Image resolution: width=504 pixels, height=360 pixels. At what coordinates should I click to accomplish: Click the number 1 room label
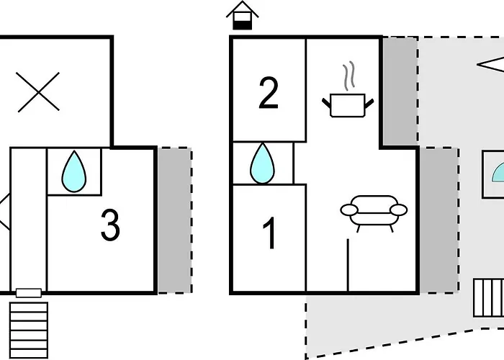point(269,234)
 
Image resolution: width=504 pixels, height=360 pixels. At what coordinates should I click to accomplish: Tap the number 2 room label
point(268,94)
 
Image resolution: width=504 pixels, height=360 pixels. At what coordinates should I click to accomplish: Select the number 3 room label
point(109,226)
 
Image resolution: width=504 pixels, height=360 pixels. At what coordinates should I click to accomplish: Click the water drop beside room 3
point(73,171)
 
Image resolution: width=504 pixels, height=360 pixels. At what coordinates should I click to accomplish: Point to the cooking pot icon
point(350,105)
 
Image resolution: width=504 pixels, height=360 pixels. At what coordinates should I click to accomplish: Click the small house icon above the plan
point(243,16)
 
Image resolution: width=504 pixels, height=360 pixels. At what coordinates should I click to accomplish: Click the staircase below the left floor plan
point(30,330)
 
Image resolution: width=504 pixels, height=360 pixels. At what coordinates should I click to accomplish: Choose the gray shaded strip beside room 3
point(174,220)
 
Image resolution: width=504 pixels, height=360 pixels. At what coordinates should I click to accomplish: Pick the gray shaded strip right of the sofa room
point(438,220)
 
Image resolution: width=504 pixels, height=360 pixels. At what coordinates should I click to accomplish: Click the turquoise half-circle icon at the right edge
point(498,173)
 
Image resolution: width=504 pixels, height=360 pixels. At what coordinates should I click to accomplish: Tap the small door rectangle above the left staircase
point(29,293)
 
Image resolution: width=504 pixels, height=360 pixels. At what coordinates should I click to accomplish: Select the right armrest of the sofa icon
point(397,210)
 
